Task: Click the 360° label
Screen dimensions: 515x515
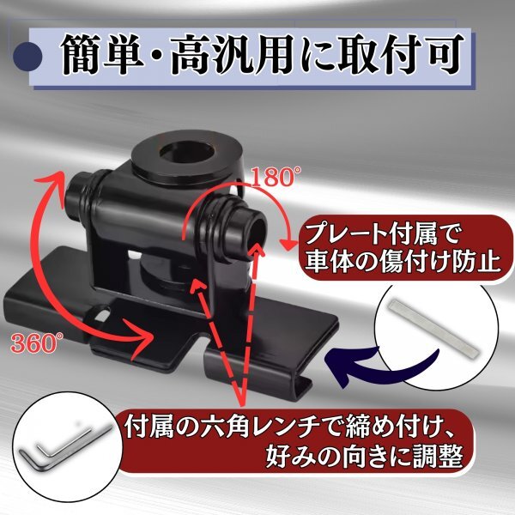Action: point(35,342)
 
